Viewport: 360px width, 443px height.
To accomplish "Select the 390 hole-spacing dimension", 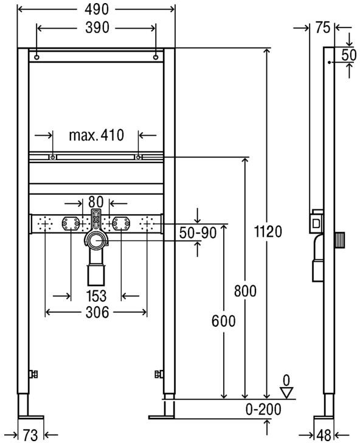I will pos(96,29).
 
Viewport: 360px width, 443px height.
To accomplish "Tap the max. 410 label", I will pos(96,134).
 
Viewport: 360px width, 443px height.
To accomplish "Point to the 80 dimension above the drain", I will pos(96,201).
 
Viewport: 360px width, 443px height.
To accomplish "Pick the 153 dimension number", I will pos(96,296).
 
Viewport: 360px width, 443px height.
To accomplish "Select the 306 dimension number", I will pos(96,312).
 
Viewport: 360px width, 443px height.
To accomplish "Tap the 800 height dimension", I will pos(245,290).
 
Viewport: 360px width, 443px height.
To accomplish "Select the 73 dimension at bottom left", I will pos(31,434).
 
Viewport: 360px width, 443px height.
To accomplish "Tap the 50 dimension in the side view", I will pos(348,54).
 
